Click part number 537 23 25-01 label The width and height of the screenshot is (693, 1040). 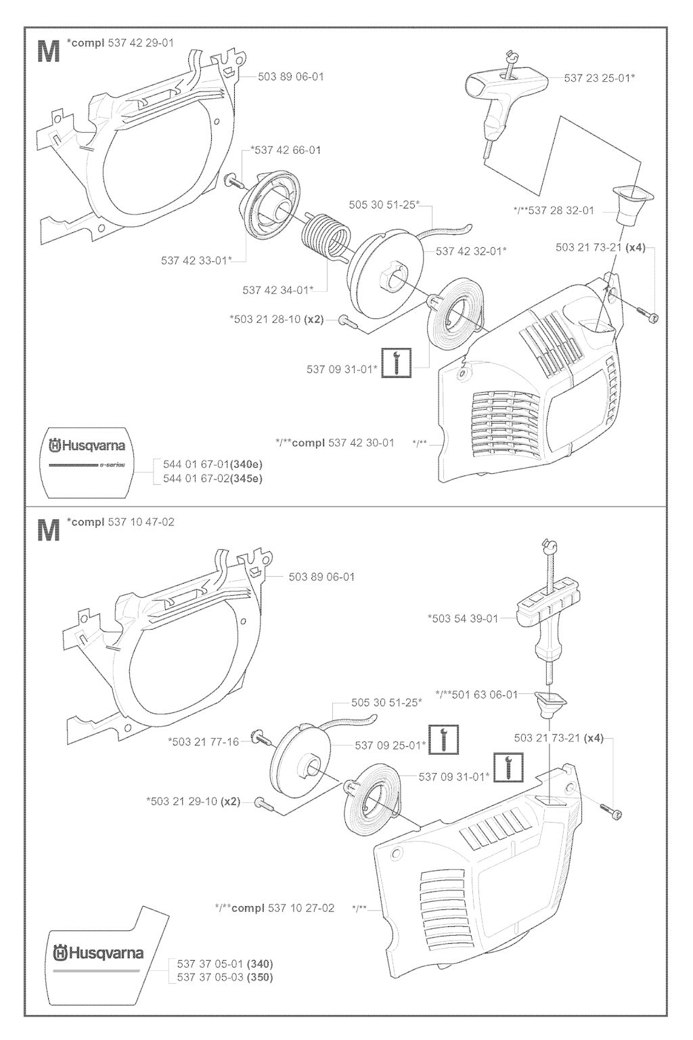click(x=599, y=78)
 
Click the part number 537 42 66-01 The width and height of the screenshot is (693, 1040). click(x=286, y=150)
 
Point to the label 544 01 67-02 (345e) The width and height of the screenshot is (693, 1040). click(x=213, y=478)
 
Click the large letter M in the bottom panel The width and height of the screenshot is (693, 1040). click(x=47, y=530)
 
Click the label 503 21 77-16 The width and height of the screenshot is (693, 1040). click(x=203, y=741)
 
